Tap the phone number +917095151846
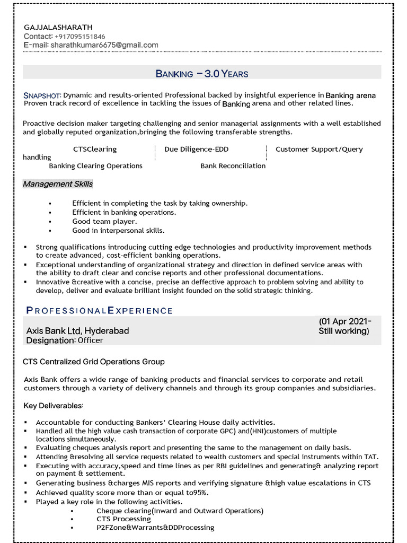pyautogui.click(x=84, y=37)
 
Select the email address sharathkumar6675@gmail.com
pyautogui.click(x=104, y=46)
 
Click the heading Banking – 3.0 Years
pyautogui.click(x=202, y=74)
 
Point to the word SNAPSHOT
pyautogui.click(x=42, y=95)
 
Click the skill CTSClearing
pyautogui.click(x=95, y=150)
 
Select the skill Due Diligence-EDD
pyautogui.click(x=196, y=150)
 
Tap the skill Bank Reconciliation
pyautogui.click(x=233, y=166)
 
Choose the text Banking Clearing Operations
pyautogui.click(x=95, y=166)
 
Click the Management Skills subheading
pyautogui.click(x=58, y=184)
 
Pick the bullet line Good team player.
pyautogui.click(x=104, y=222)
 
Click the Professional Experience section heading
pyautogui.click(x=99, y=310)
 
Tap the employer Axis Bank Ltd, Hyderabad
pyautogui.click(x=77, y=331)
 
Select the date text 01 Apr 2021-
pyautogui.click(x=346, y=322)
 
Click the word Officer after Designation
pyautogui.click(x=91, y=340)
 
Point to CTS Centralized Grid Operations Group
pyautogui.click(x=94, y=362)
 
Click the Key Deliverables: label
pyautogui.click(x=54, y=406)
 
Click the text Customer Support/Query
pyautogui.click(x=319, y=150)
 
